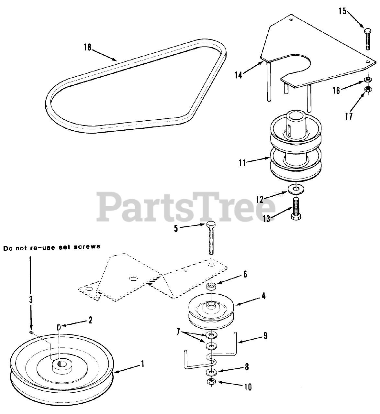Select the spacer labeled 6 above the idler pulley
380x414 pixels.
tap(212, 286)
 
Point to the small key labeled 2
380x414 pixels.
tap(59, 327)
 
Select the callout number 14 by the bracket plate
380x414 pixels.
tap(238, 75)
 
